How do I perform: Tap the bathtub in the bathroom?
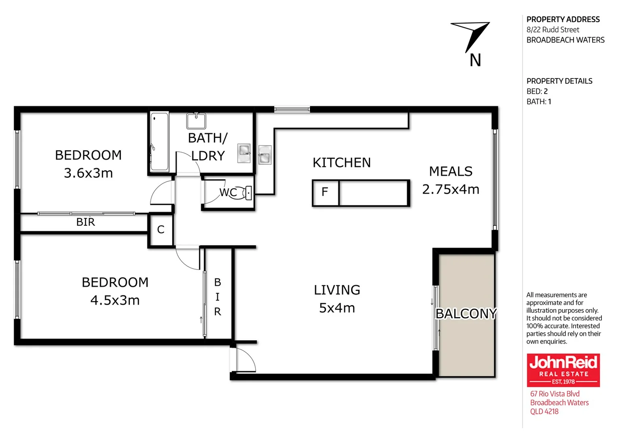pyautogui.click(x=159, y=142)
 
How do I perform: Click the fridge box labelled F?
pyautogui.click(x=325, y=193)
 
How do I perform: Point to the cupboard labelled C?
pyautogui.click(x=161, y=230)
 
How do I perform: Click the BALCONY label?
pyautogui.click(x=466, y=314)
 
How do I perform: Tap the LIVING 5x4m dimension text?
pyautogui.click(x=337, y=308)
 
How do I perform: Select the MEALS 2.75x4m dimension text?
pyautogui.click(x=451, y=189)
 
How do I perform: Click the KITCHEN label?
pyautogui.click(x=342, y=163)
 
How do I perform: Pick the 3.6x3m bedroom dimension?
pyautogui.click(x=88, y=173)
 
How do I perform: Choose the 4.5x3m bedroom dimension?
pyautogui.click(x=115, y=300)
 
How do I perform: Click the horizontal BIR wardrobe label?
pyautogui.click(x=86, y=222)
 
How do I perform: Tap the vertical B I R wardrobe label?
pyautogui.click(x=218, y=297)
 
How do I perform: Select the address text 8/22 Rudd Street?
pyautogui.click(x=552, y=30)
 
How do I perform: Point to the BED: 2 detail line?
pyautogui.click(x=537, y=91)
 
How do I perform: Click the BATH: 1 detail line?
pyautogui.click(x=539, y=102)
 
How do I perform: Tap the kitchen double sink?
pyautogui.click(x=265, y=155)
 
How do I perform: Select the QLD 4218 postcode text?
pyautogui.click(x=544, y=412)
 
